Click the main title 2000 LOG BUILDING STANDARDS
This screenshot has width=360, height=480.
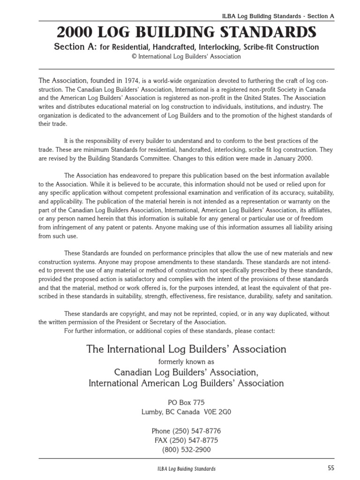186,32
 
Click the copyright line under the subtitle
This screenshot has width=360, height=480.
186,57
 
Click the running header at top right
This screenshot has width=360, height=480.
278,15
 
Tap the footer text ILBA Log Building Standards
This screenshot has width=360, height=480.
186,469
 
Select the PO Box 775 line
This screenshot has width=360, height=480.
186,403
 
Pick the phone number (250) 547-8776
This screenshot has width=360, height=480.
197,431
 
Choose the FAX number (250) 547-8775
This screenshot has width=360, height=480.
197,441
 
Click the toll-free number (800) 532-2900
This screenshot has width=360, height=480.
186,450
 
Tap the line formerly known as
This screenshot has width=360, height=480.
186,361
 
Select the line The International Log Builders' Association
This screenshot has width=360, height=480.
186,349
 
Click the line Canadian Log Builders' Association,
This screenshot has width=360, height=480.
186,372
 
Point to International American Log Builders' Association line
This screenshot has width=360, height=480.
186,383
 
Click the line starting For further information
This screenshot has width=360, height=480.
169,331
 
